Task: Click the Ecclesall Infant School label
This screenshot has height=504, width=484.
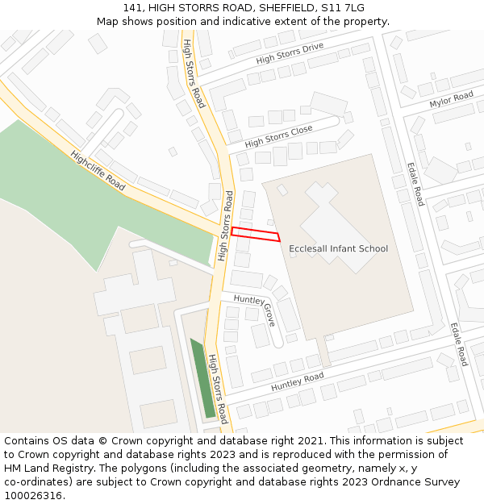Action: pyautogui.click(x=338, y=248)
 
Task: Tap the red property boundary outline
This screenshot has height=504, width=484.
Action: pyautogui.click(x=255, y=235)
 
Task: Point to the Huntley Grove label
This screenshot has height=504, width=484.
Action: pyautogui.click(x=256, y=308)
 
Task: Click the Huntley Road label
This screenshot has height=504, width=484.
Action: pyautogui.click(x=297, y=382)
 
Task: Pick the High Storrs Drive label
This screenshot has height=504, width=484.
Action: pyautogui.click(x=290, y=53)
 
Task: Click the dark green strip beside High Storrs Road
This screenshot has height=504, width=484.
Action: pyautogui.click(x=202, y=378)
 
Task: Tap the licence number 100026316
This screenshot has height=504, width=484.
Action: pyautogui.click(x=33, y=496)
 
